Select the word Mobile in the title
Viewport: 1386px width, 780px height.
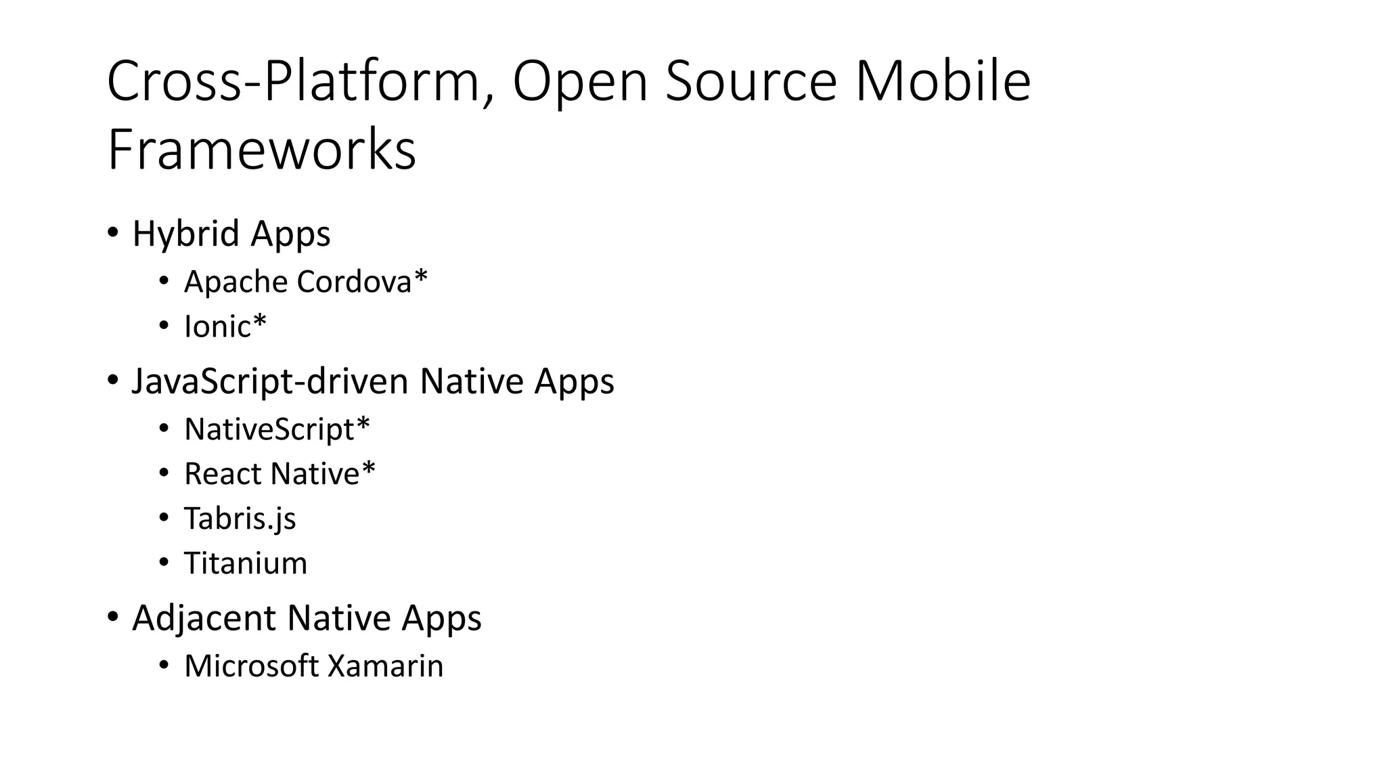(x=943, y=81)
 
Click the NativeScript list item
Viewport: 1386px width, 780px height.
(x=276, y=429)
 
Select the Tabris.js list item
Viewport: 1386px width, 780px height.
(x=240, y=519)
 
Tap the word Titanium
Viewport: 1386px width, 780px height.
(x=246, y=563)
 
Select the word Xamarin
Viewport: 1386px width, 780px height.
(x=385, y=666)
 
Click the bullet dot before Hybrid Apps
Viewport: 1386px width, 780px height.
(x=113, y=233)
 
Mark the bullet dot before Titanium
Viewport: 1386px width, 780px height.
(x=164, y=563)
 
